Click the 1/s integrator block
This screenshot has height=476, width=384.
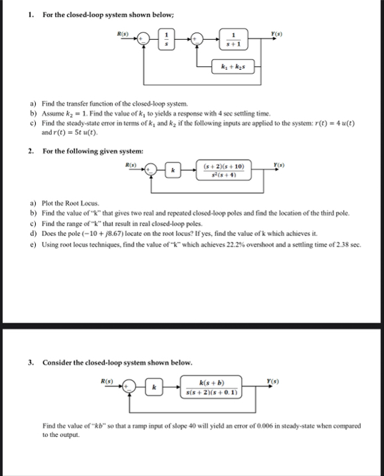click(x=166, y=39)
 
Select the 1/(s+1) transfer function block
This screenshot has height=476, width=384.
click(x=234, y=39)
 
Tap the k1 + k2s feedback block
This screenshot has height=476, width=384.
click(x=233, y=66)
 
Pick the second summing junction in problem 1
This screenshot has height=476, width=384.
click(x=197, y=39)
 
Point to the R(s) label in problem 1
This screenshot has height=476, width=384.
click(x=123, y=34)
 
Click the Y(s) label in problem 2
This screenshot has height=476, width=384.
click(x=279, y=165)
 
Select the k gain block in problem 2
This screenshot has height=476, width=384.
click(x=173, y=170)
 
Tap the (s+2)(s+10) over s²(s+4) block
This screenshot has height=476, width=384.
click(x=223, y=170)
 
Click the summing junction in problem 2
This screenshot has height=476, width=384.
click(x=151, y=170)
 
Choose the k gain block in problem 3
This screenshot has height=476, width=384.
click(x=154, y=387)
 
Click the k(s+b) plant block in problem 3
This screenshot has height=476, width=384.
click(x=211, y=387)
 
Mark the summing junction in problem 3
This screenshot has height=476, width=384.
click(x=130, y=387)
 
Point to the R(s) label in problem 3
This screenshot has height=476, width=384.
click(x=107, y=381)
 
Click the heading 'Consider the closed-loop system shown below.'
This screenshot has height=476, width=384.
click(x=118, y=362)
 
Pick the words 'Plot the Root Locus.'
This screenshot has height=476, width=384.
click(x=70, y=203)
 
